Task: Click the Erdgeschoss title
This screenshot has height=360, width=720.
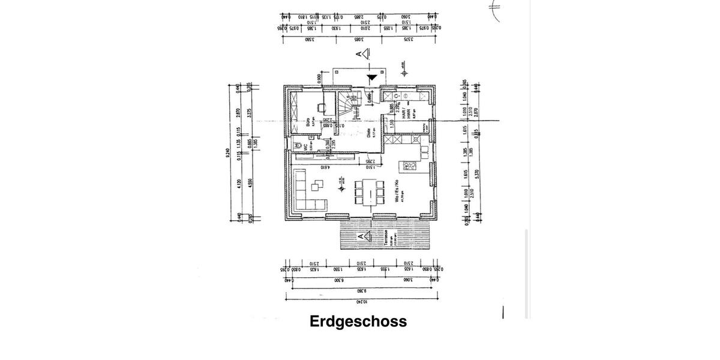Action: [358, 322]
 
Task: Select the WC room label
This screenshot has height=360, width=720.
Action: [305, 146]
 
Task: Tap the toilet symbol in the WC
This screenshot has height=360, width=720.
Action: [296, 145]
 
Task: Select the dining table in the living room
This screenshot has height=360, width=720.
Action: [369, 194]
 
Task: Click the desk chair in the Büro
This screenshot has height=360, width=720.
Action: [321, 109]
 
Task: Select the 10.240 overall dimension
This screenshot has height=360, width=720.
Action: [361, 302]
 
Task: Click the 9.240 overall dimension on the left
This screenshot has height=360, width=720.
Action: [227, 153]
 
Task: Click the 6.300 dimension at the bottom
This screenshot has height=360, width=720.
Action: [339, 280]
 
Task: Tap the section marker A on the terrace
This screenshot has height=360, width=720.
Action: [361, 238]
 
